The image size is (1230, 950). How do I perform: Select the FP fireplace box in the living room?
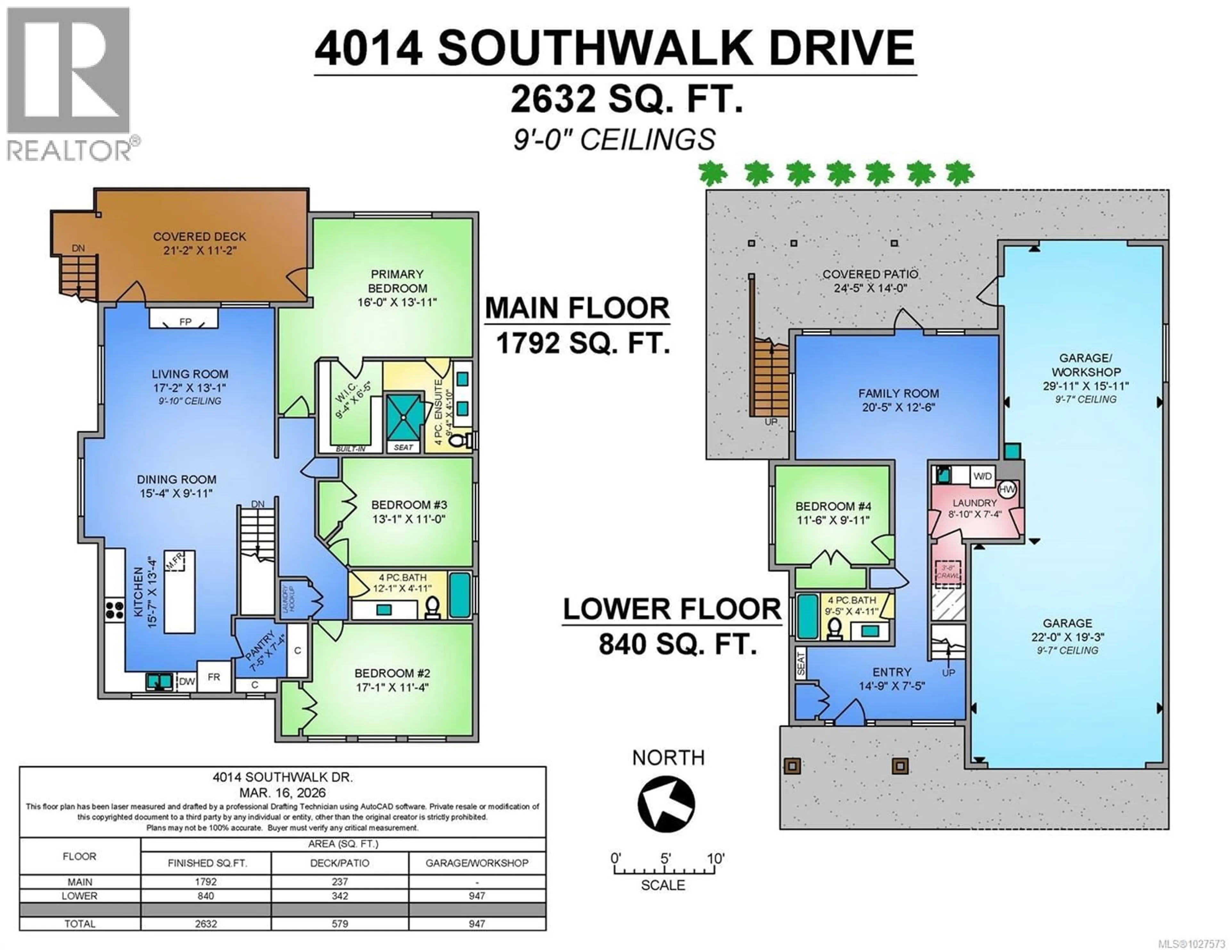click(184, 319)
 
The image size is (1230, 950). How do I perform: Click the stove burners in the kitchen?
click(114, 610)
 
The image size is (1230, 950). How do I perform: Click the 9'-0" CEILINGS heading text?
click(614, 140)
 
